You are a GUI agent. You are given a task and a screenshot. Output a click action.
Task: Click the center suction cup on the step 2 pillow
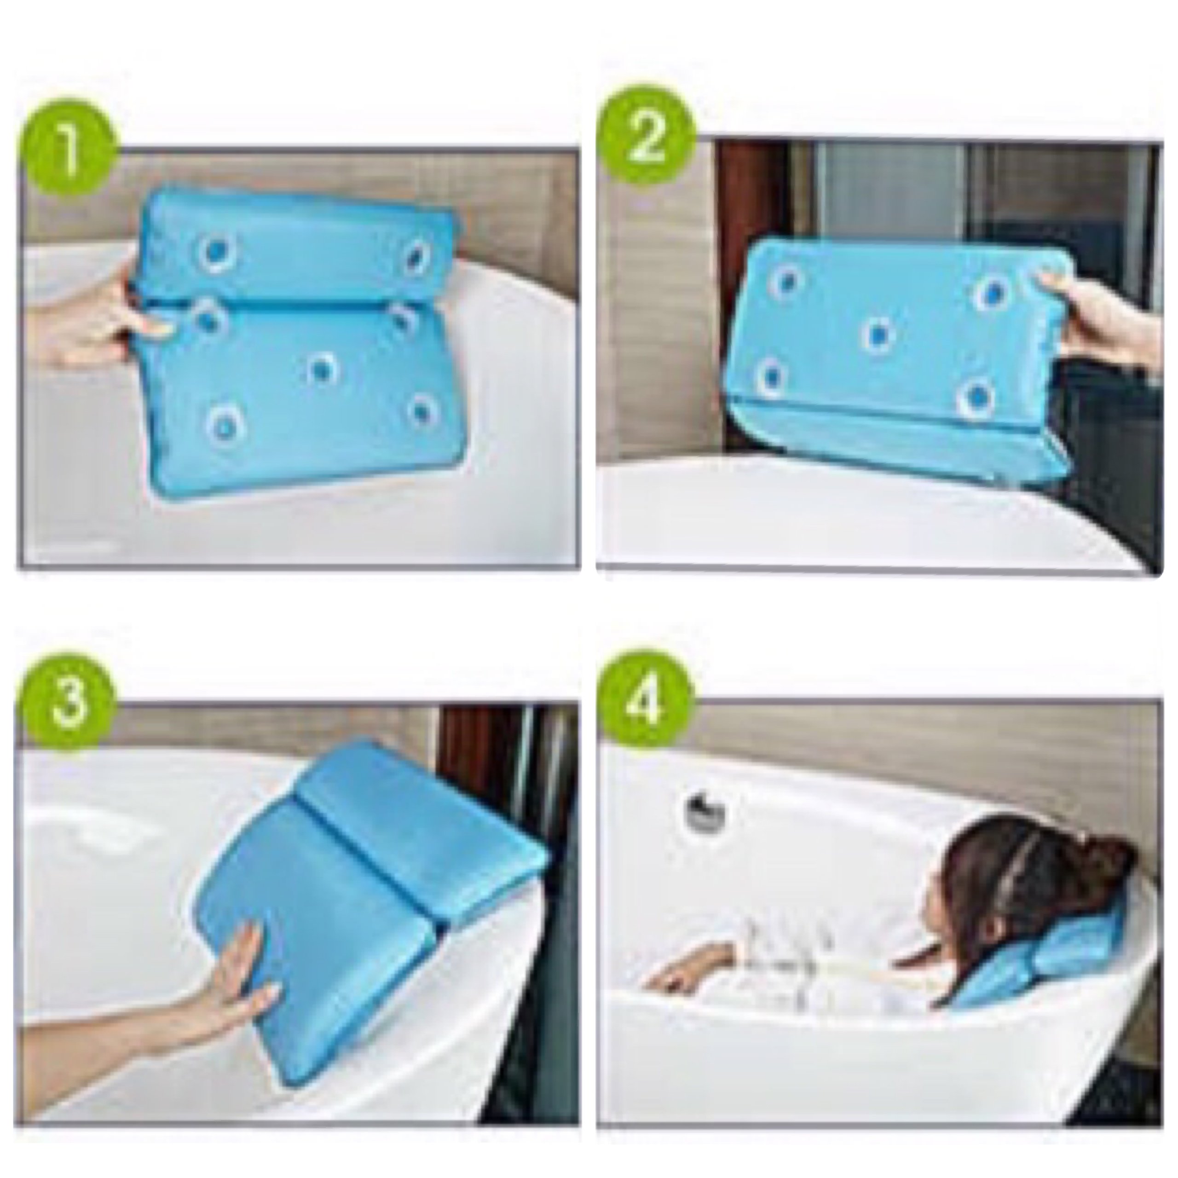(x=877, y=335)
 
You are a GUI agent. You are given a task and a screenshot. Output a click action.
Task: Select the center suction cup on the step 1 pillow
(x=322, y=367)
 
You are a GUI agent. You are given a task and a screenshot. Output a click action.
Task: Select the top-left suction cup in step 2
(x=786, y=282)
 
